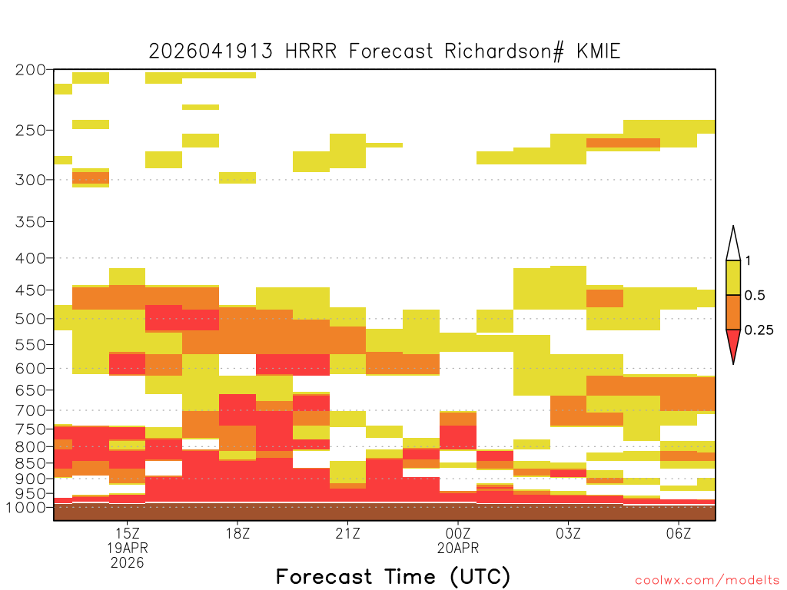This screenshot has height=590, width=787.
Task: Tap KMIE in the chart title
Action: [x=598, y=51]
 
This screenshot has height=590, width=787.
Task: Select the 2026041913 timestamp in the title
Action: [x=211, y=51]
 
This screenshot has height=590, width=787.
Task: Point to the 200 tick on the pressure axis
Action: [x=31, y=70]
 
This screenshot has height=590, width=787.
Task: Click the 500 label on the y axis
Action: [x=31, y=319]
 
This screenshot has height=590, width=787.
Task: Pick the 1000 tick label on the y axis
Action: [x=26, y=507]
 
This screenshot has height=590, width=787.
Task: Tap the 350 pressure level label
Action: [x=31, y=221]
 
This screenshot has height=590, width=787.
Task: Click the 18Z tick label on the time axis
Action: [x=237, y=533]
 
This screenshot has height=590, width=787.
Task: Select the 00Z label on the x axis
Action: [x=458, y=533]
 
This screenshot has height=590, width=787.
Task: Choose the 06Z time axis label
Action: [x=678, y=533]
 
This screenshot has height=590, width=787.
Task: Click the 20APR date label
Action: [x=458, y=548]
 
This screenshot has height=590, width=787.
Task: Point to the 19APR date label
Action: [x=128, y=548]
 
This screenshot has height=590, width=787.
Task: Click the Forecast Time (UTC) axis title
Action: [x=393, y=576]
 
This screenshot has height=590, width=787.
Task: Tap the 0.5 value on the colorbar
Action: [x=755, y=296]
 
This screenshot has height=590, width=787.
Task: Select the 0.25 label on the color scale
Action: [x=759, y=330]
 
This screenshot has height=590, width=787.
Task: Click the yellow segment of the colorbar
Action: [x=733, y=277]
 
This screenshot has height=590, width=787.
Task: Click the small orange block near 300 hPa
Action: [x=91, y=178]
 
